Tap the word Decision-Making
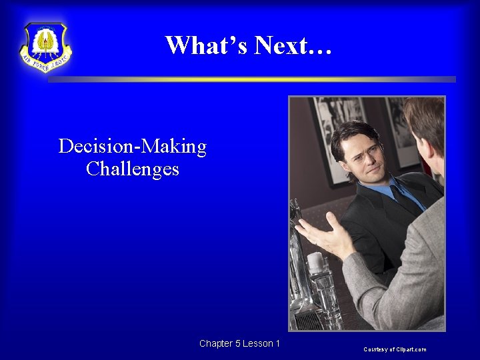tap(133, 146)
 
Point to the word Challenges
tap(133, 169)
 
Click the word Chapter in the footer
tap(215, 343)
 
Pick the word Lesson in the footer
tap(257, 343)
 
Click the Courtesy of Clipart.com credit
tap(395, 349)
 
